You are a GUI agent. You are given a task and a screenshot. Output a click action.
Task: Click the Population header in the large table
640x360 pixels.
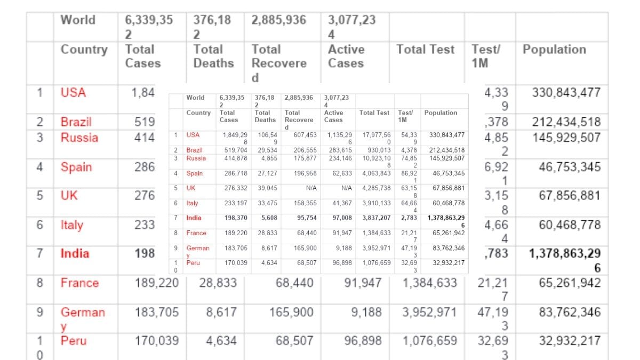coord(554,50)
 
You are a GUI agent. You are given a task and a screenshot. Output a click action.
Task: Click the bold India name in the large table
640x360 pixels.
coord(75,253)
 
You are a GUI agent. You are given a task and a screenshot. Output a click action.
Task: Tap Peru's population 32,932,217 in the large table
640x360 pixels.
coord(570,340)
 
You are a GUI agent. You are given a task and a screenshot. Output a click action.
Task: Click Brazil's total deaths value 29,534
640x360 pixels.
coord(265,150)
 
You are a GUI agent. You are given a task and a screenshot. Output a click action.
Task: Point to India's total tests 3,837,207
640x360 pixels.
coord(377,218)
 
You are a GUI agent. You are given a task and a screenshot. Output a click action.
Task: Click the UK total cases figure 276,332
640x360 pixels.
coord(235,188)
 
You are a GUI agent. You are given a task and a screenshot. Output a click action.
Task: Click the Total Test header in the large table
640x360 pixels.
coord(425,50)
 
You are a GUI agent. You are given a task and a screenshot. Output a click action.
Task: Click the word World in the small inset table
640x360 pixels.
coord(195,98)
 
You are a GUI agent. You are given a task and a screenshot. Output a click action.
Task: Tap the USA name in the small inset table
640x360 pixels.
coord(193,135)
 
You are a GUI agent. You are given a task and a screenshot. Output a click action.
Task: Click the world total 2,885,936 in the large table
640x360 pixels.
coord(278,20)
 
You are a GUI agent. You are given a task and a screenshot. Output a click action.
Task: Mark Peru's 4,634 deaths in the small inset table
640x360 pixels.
coord(269,263)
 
